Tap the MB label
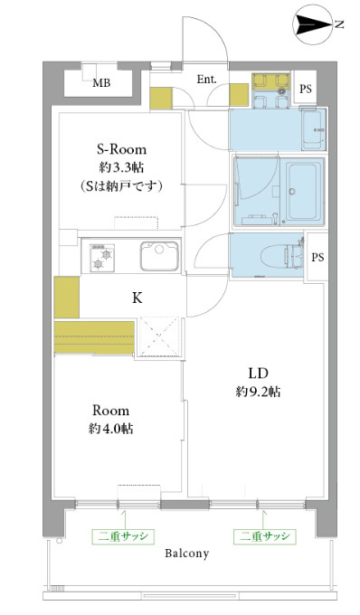[101, 83]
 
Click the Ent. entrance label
[206, 80]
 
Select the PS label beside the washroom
[306, 89]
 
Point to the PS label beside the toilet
[317, 257]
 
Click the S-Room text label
[121, 149]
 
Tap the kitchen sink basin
[159, 257]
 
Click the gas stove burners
[102, 258]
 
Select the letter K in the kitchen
[137, 298]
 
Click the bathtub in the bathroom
[303, 192]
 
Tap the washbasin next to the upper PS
[314, 130]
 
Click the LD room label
[257, 374]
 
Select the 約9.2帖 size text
[258, 392]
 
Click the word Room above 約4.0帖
[110, 411]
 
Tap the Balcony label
[186, 553]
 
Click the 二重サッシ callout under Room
[124, 536]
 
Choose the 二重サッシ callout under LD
[265, 536]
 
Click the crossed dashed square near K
[158, 337]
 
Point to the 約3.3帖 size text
[121, 168]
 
